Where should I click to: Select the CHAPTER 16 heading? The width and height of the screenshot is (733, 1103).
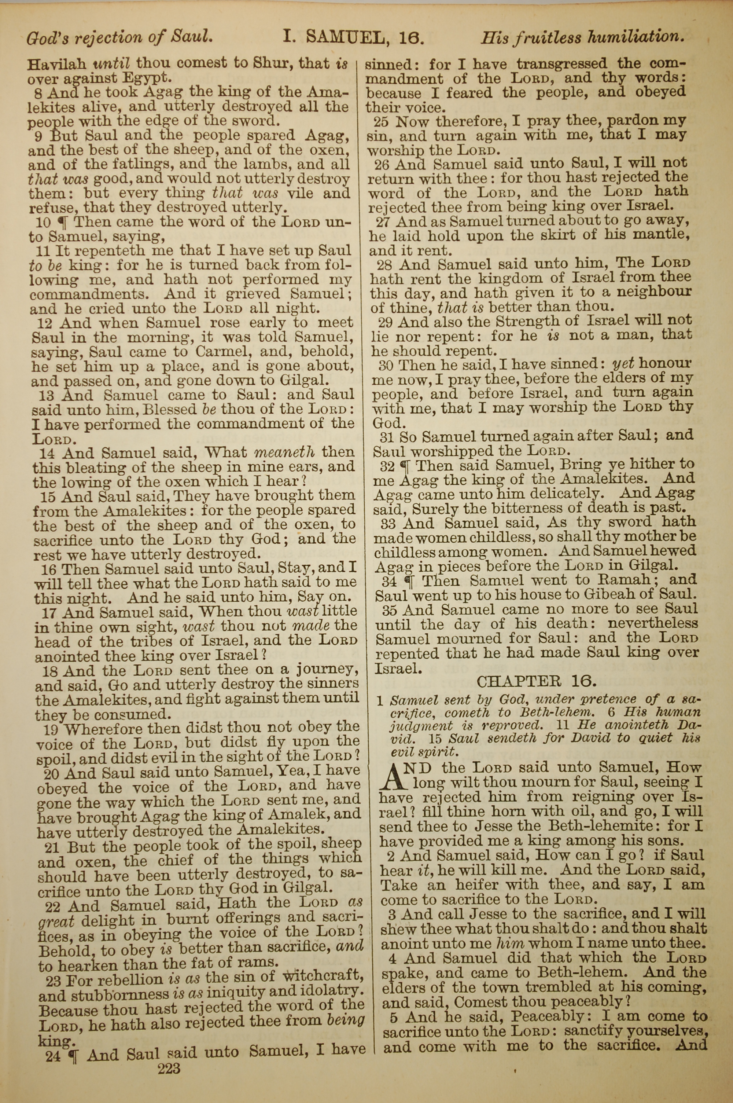click(536, 682)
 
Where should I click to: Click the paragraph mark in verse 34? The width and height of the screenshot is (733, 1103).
click(409, 581)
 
